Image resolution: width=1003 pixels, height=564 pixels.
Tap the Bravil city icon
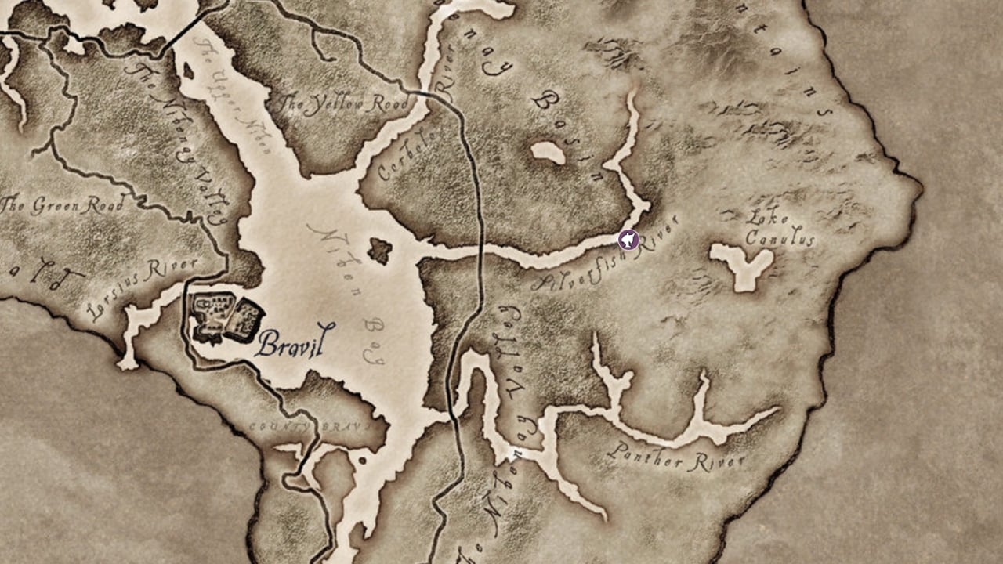pos(227,318)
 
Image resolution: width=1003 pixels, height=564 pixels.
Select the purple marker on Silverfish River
pos(628,240)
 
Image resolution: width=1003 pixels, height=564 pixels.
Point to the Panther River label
pos(676,457)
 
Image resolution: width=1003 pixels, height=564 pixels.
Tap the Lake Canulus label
pos(778,229)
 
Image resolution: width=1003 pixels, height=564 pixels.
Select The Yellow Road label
pos(344,105)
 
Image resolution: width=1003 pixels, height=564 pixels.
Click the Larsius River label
pos(141,286)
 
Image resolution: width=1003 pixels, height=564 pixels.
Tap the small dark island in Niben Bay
pos(380,251)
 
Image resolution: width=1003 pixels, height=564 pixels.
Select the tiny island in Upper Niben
pos(188,71)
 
